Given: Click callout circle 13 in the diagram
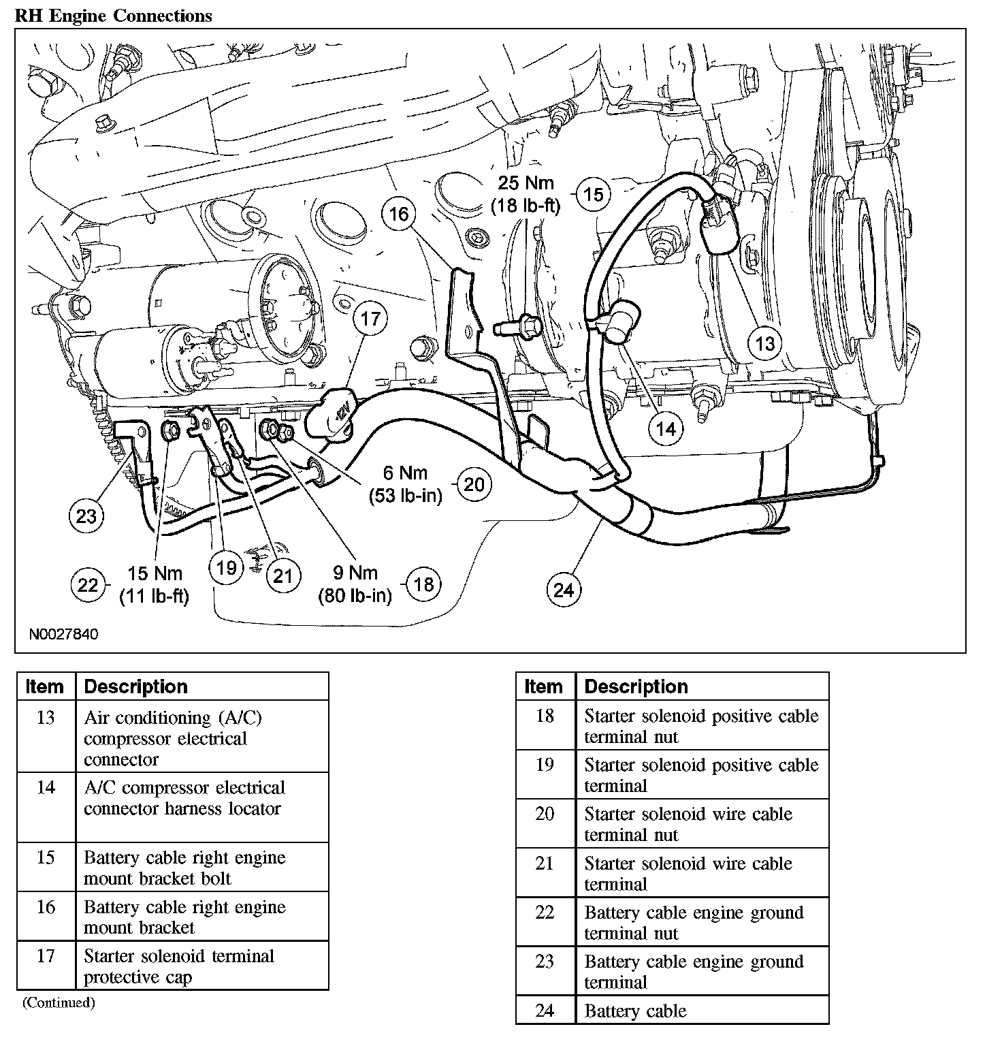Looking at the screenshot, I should click(x=765, y=343).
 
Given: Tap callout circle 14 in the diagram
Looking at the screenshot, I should click(x=665, y=428).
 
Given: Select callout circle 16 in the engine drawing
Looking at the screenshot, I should click(x=398, y=214).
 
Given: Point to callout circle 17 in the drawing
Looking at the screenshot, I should click(x=370, y=319).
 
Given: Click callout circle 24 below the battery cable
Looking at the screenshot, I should click(x=564, y=589).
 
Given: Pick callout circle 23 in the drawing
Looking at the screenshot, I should click(x=86, y=516).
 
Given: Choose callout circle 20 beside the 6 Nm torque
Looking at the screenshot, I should click(x=474, y=484).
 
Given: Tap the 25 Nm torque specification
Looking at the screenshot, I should click(x=526, y=193).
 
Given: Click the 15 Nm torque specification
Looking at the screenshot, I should click(x=155, y=584).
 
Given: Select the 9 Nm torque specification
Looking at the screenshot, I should click(x=355, y=584).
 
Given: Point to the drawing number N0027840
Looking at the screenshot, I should click(x=63, y=634).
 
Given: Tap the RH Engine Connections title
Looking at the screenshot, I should click(x=113, y=16).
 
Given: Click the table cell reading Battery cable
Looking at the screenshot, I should click(x=635, y=1011).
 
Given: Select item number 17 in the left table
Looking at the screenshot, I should click(x=45, y=956).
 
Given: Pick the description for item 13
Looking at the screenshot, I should click(x=173, y=738).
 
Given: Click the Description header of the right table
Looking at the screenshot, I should click(x=636, y=686).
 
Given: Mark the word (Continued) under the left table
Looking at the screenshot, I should click(x=59, y=1002).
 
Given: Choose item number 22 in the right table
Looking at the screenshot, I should click(x=545, y=913).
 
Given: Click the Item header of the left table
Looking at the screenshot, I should click(x=44, y=686).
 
